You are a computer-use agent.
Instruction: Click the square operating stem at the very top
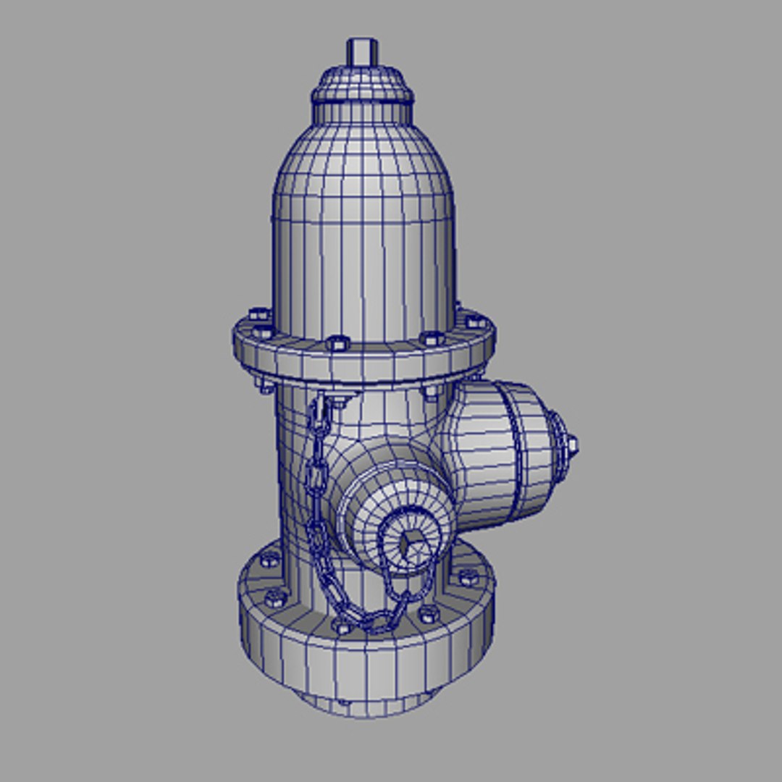coord(362,52)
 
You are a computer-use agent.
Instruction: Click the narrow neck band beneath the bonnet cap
coord(363,113)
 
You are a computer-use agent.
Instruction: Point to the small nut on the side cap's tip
coord(571,444)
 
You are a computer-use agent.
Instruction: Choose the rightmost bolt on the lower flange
coord(468,577)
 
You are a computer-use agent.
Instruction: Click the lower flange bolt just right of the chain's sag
coord(429,614)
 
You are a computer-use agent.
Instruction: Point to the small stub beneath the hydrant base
coord(362,707)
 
